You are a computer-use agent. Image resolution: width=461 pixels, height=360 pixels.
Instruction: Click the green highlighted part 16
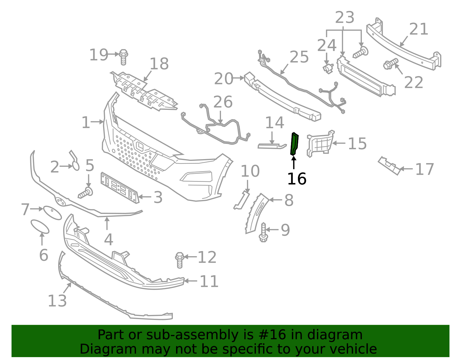point(294,144)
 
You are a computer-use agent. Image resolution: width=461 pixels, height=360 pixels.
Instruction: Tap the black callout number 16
point(296,179)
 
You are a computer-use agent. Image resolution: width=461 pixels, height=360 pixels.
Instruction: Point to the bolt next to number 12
point(180,259)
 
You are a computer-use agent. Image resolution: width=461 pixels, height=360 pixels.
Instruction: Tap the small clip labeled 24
point(328,69)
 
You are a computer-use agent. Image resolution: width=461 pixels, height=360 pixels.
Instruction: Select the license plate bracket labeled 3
point(119,188)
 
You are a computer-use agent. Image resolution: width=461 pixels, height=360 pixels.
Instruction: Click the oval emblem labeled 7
point(52,213)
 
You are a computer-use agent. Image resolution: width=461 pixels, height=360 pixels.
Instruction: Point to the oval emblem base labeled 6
point(40,226)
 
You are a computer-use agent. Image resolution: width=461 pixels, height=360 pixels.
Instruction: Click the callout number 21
point(419,29)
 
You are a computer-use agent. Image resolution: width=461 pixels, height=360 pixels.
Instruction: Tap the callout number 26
point(223,102)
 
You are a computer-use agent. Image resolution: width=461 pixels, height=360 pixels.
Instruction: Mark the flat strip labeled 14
point(271,146)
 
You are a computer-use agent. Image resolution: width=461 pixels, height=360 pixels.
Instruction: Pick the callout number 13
point(57,301)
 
